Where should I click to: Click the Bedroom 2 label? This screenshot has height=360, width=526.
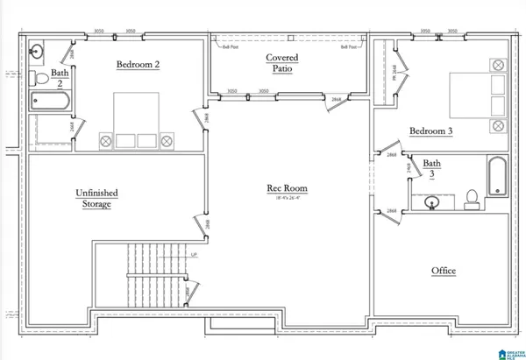tap(139, 64)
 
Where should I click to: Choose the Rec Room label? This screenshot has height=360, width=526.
tap(287, 187)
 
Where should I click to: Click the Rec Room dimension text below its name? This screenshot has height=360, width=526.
tap(287, 199)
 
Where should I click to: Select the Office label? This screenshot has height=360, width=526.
tap(443, 271)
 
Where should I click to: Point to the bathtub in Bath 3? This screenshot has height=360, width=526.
tap(496, 177)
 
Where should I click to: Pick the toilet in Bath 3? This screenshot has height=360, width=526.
tap(471, 198)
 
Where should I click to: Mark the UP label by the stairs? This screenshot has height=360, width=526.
tap(193, 255)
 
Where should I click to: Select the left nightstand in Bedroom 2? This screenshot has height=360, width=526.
tap(106, 140)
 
